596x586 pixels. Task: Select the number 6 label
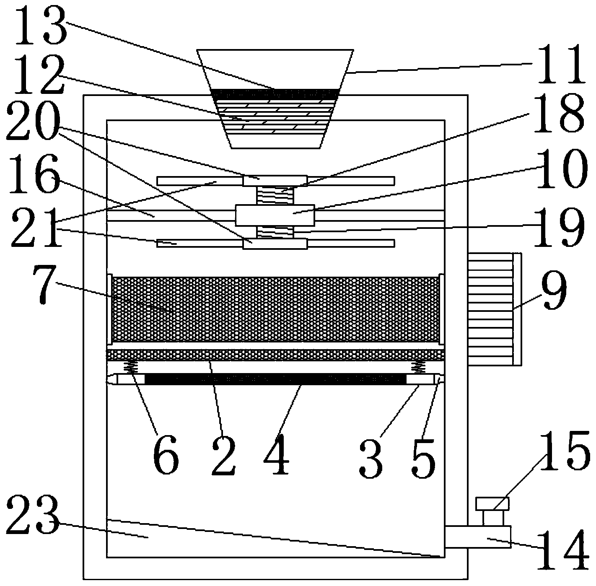[x=166, y=454]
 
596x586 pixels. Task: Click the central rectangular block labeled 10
[x=275, y=215]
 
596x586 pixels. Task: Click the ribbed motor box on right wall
[x=490, y=309]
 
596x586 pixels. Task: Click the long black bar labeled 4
[x=275, y=379]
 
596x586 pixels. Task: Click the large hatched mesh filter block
[x=275, y=309]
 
